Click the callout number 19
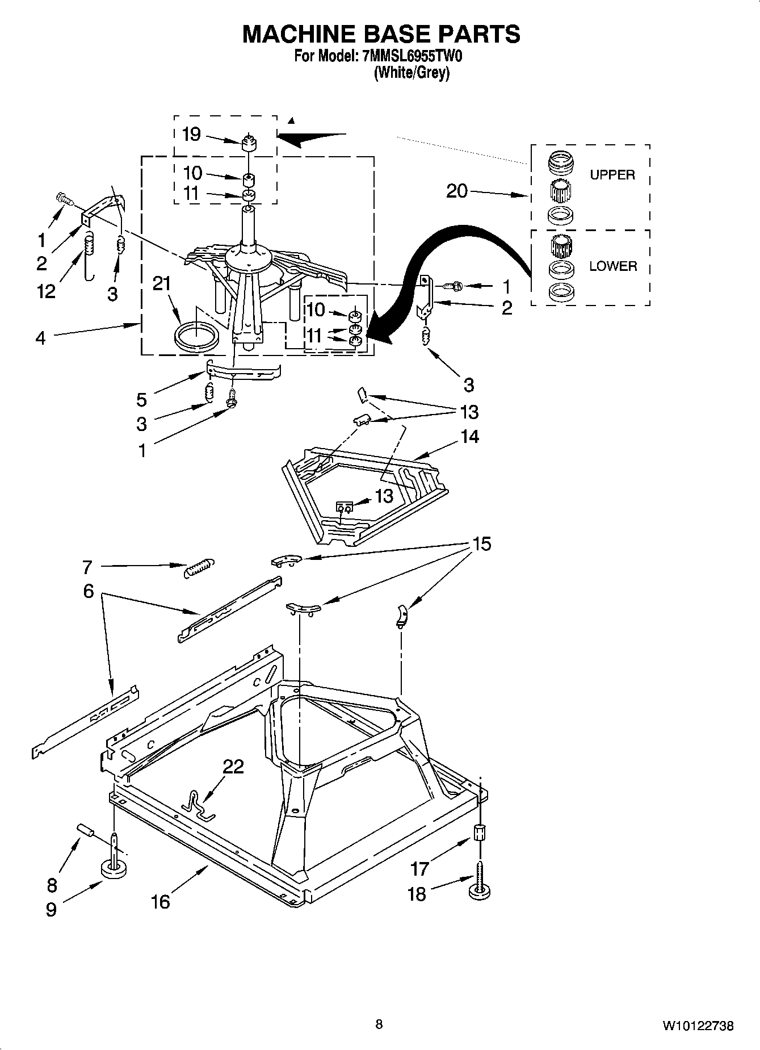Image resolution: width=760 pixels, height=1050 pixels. tap(191, 135)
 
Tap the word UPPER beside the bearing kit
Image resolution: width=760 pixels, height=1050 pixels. tap(612, 175)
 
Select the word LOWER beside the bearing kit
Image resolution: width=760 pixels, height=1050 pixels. tap(612, 266)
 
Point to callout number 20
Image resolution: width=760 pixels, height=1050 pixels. tap(457, 191)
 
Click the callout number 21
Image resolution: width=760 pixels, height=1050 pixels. tap(162, 283)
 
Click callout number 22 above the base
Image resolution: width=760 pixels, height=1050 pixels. tap(233, 767)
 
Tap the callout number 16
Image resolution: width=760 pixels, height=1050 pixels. tap(161, 901)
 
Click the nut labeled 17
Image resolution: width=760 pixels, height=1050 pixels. tap(480, 834)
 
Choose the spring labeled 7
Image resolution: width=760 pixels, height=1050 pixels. tap(199, 567)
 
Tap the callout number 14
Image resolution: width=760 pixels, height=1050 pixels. tap(469, 437)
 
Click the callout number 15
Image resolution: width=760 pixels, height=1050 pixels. tap(481, 544)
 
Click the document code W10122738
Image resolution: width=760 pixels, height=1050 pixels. tap(697, 1026)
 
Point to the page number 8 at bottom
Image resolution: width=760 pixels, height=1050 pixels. tap(379, 1024)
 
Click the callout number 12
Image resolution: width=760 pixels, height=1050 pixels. tap(47, 291)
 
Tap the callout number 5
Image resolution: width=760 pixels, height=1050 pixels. tap(142, 399)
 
